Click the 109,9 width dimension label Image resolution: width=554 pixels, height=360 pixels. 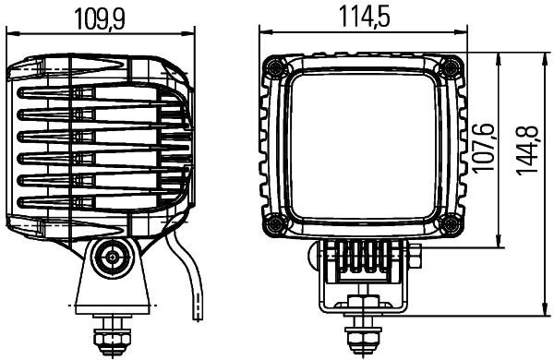click(x=102, y=18)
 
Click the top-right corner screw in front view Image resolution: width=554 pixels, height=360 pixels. click(x=450, y=66)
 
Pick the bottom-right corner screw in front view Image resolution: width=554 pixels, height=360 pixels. click(x=450, y=223)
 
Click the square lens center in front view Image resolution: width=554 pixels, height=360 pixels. click(x=361, y=145)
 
